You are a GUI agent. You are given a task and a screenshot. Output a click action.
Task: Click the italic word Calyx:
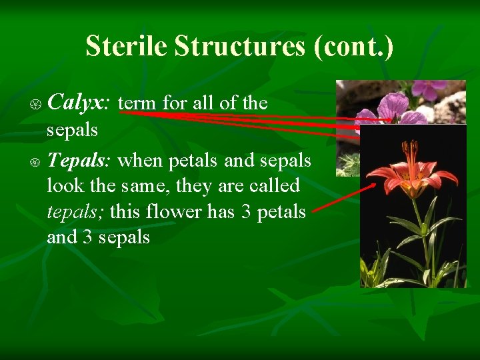pos(79,103)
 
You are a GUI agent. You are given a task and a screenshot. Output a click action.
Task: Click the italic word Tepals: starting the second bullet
pos(79,160)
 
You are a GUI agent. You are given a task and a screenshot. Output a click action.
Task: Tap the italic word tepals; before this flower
pos(75,212)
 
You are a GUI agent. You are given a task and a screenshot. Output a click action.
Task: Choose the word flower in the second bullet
pos(175,212)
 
